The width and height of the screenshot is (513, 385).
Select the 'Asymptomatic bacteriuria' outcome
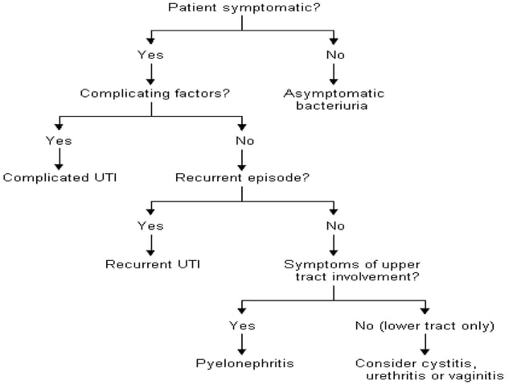pos(334,99)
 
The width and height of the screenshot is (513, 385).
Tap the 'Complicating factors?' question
pos(155,93)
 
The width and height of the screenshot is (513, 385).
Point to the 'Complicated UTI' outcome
pos(60,177)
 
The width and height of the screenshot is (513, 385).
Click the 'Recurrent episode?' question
pos(241,177)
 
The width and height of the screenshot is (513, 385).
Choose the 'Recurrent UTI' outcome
pos(153,263)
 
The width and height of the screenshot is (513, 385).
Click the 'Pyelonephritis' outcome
pos(244,362)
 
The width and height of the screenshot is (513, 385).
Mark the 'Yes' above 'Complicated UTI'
pos(59,141)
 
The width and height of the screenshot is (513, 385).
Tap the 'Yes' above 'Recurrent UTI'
pos(151,226)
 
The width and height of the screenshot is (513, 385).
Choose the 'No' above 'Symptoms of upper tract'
pos(334,226)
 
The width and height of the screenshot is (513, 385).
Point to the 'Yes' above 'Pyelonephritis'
pos(243,325)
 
